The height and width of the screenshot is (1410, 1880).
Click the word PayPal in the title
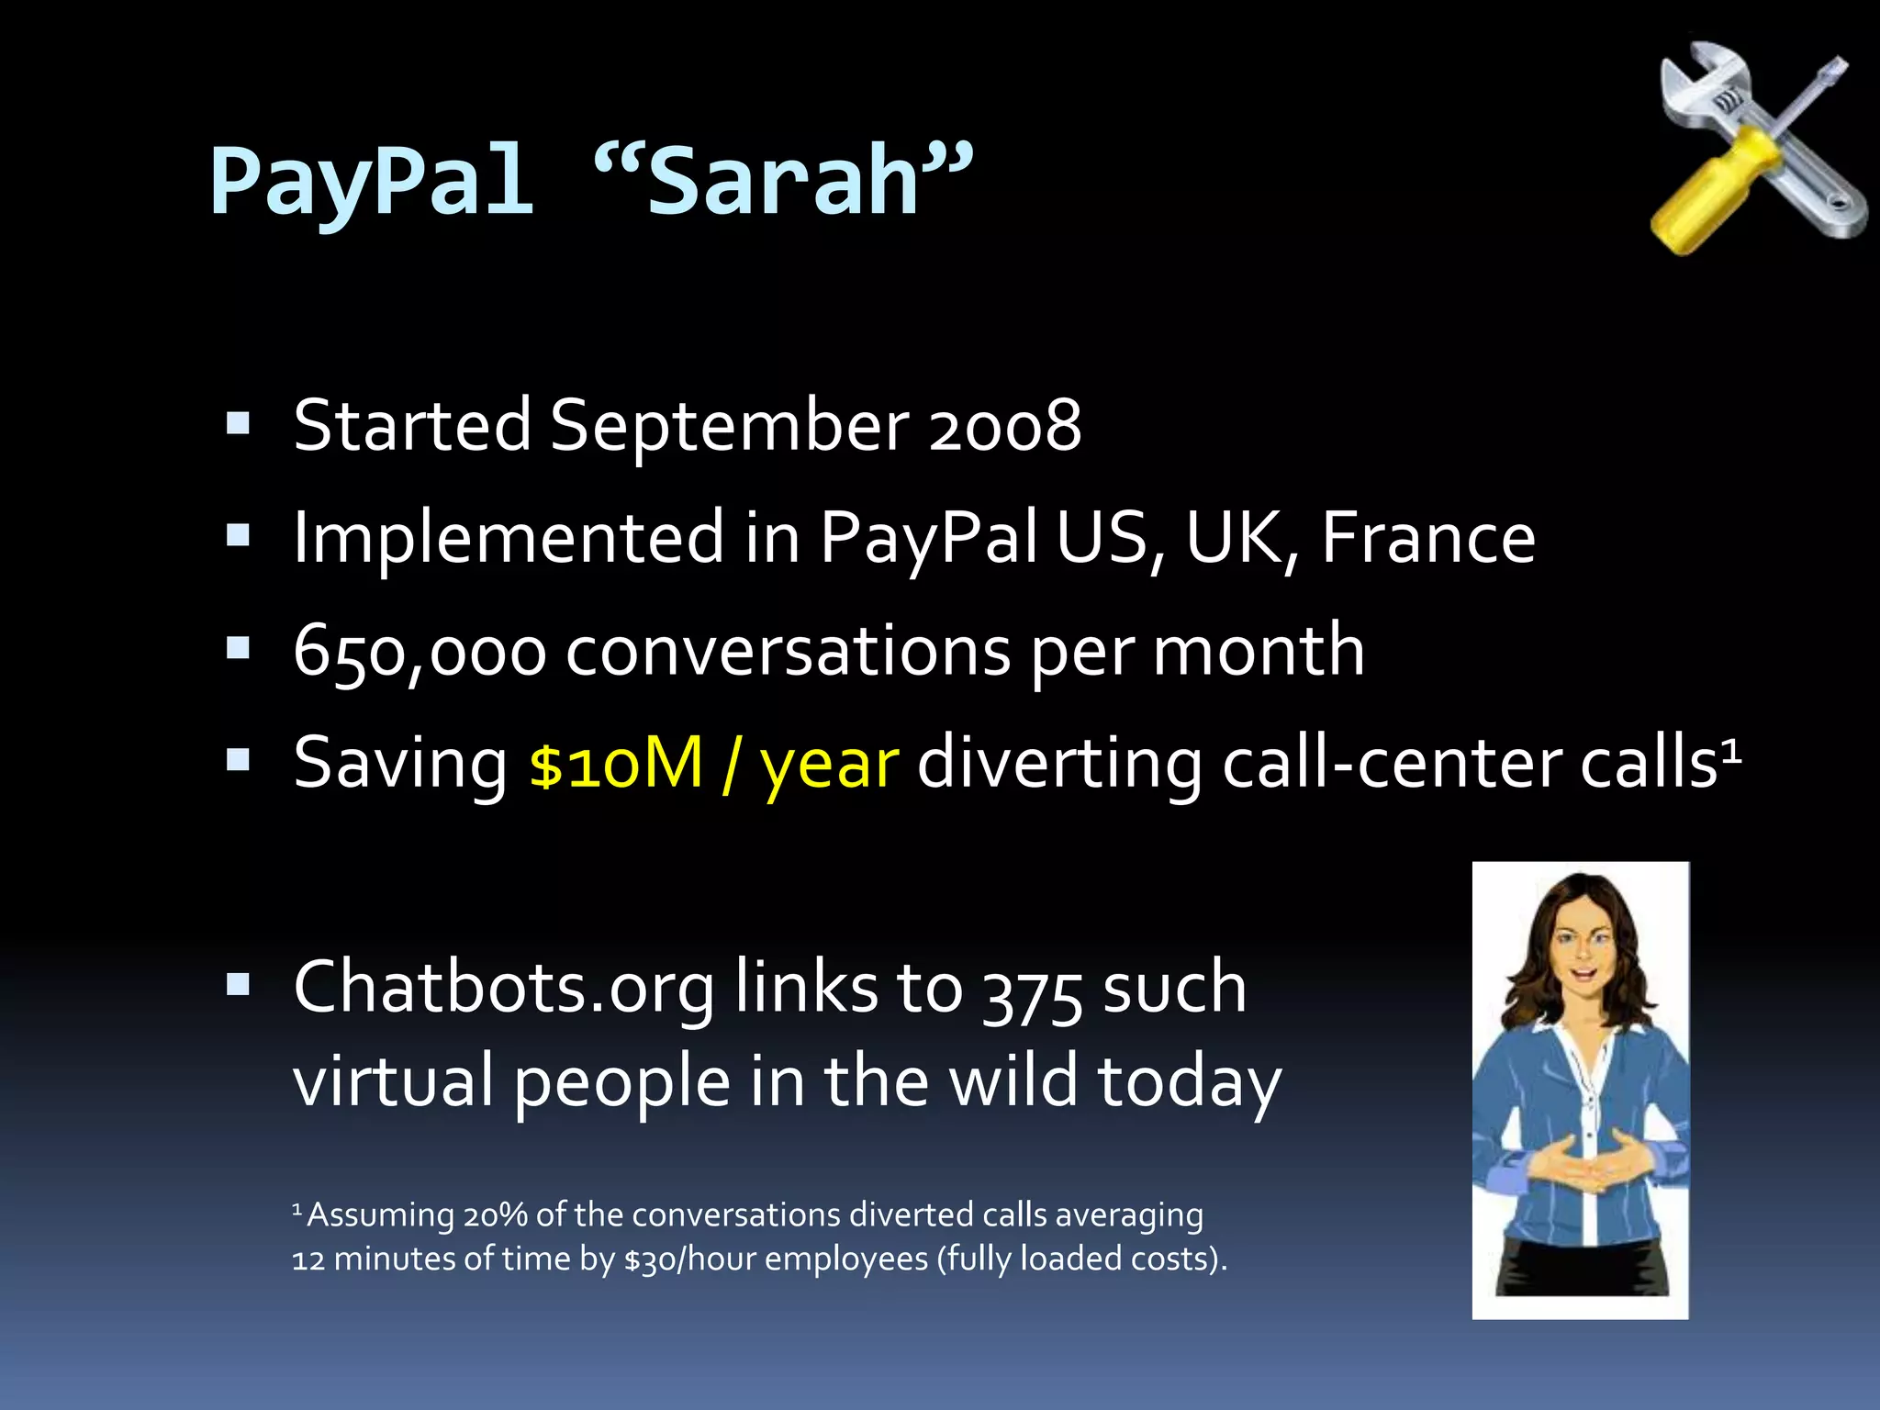point(371,182)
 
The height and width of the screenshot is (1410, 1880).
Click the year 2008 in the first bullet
point(1005,426)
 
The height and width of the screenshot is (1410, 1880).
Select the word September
point(730,426)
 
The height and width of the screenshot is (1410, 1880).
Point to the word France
point(1428,538)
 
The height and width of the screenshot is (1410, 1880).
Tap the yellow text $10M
point(616,763)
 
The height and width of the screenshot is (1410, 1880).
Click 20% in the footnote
point(495,1215)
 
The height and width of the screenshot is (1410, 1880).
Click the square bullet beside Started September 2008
point(239,423)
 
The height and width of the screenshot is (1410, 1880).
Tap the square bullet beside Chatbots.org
point(239,985)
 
